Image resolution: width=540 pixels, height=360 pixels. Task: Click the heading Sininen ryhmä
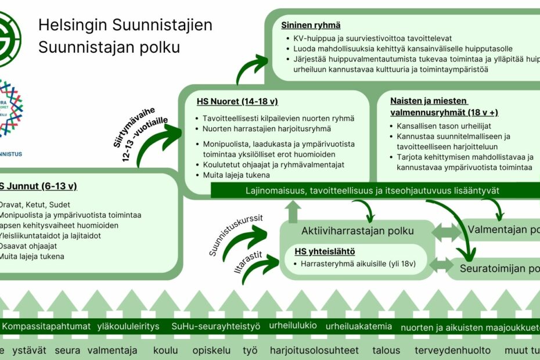(311, 26)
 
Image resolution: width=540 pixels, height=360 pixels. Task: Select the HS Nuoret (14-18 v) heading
(237, 102)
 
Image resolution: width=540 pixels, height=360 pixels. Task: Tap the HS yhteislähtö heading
(325, 251)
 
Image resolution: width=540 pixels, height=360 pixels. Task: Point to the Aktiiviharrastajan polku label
(357, 231)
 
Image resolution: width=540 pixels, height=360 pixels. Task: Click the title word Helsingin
(73, 26)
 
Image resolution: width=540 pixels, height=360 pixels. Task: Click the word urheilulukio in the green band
(293, 325)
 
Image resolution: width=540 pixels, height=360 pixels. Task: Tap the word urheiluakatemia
(359, 326)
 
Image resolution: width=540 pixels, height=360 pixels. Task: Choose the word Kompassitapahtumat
(46, 326)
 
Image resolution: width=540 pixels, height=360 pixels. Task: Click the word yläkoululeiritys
(128, 326)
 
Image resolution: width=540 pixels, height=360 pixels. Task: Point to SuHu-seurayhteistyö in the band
(217, 326)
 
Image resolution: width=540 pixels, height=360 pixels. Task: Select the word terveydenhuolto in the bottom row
(452, 350)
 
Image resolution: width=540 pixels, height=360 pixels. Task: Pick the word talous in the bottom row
(386, 350)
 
